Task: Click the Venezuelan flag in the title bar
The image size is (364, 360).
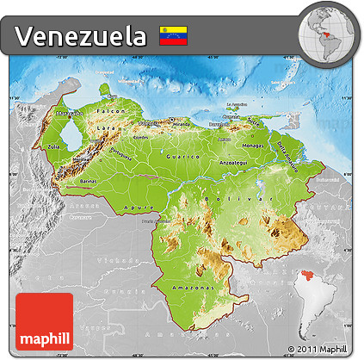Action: click(x=174, y=36)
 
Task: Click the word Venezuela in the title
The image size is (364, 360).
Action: click(x=80, y=36)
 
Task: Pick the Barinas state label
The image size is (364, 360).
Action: click(x=88, y=183)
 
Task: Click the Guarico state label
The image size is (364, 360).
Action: click(x=185, y=158)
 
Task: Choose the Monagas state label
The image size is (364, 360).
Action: click(x=258, y=147)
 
